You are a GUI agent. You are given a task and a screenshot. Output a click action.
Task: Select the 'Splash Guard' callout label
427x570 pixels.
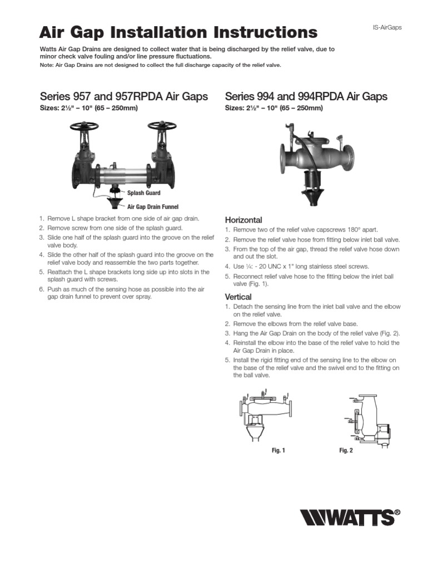144,193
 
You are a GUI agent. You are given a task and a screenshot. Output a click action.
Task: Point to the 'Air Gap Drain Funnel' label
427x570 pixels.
152,207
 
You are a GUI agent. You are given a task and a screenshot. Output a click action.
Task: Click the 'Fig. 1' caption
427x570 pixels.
278,450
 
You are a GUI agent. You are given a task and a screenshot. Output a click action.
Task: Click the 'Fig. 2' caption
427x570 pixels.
346,450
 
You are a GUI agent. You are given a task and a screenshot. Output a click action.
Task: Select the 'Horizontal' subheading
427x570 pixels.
243,220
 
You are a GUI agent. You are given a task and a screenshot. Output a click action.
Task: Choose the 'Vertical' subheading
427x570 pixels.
238,297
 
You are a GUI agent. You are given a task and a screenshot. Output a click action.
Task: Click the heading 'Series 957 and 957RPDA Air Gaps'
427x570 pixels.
124,97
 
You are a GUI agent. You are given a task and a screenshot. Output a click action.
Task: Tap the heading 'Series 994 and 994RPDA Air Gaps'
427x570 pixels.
306,97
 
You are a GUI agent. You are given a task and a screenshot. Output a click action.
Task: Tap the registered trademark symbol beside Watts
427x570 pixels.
397,513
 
